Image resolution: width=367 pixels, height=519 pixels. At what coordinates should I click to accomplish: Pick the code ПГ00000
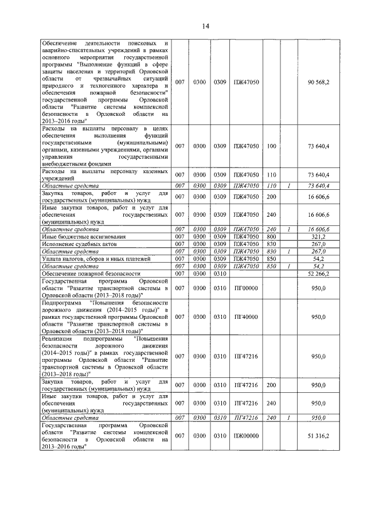pyautogui.click(x=246, y=288)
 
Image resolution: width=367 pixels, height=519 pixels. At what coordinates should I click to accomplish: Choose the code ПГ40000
pyautogui.click(x=246, y=317)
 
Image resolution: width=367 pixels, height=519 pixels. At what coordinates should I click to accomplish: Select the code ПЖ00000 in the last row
pyautogui.click(x=246, y=436)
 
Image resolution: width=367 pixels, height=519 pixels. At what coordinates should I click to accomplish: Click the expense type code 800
pyautogui.click(x=271, y=236)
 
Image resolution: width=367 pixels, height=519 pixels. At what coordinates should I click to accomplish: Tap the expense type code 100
pyautogui.click(x=271, y=147)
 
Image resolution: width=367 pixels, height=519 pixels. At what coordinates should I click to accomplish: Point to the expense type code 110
pyautogui.click(x=271, y=174)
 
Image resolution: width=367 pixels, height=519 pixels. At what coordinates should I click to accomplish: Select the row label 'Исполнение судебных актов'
pyautogui.click(x=79, y=244)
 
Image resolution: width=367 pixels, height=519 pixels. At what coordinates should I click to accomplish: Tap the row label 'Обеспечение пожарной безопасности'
pyautogui.click(x=91, y=274)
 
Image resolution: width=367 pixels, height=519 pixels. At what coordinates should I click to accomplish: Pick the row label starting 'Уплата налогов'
pyautogui.click(x=96, y=259)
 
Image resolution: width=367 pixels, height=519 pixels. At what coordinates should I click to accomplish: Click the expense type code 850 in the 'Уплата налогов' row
pyautogui.click(x=271, y=259)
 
